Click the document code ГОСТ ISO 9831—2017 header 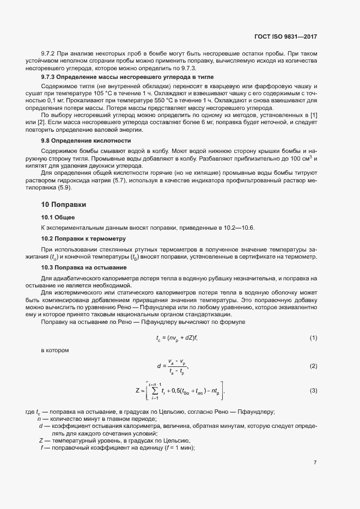[285, 37]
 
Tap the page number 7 [315, 463]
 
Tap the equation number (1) [313, 339]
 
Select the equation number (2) [313, 366]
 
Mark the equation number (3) [313, 390]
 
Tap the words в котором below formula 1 [55, 350]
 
